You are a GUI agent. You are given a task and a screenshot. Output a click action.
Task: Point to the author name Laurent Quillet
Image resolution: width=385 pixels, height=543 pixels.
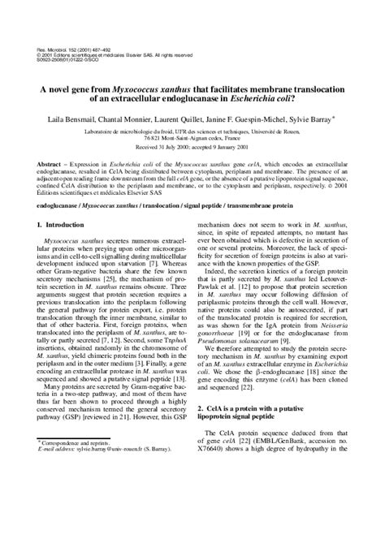pos(184,119)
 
